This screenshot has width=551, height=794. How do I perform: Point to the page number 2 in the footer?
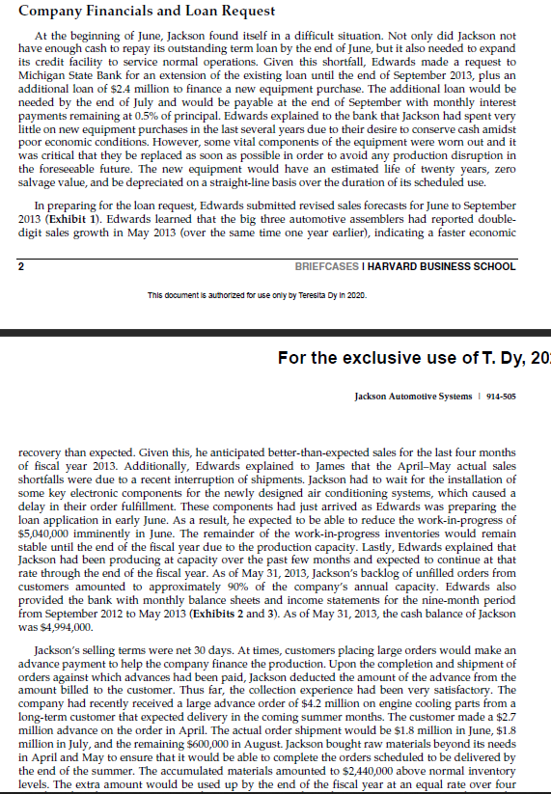point(22,266)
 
